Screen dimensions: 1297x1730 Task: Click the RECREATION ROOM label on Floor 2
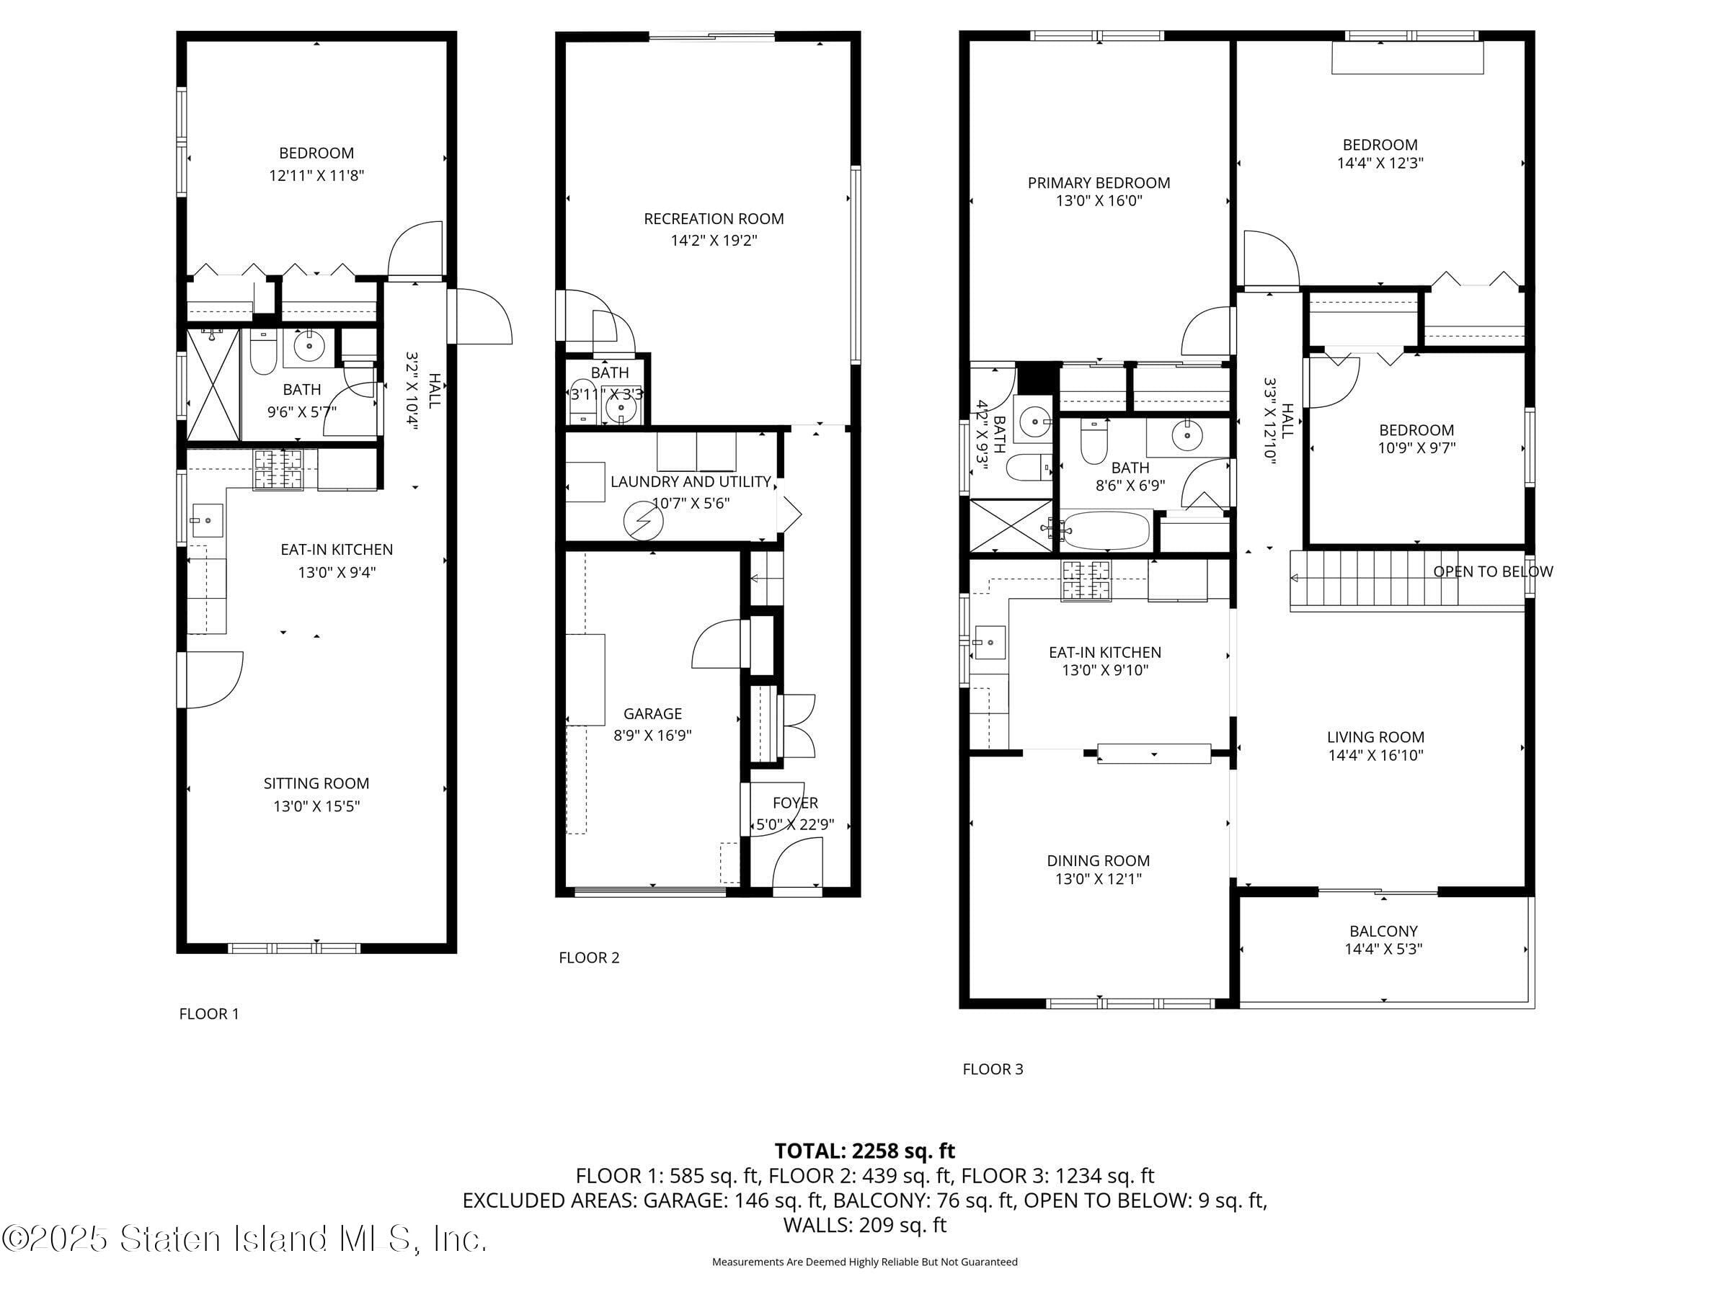714,219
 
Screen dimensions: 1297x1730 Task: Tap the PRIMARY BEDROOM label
1098,183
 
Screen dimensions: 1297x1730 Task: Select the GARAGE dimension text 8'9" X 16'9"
652,736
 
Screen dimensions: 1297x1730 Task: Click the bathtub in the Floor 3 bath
1106,531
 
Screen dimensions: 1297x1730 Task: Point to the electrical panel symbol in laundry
643,522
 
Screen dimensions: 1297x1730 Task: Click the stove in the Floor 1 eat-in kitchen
278,469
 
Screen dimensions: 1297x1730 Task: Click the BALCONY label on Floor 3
1383,931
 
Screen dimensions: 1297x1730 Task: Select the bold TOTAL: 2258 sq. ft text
864,1151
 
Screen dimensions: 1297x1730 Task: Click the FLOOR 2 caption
589,958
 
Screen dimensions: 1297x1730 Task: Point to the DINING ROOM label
1098,861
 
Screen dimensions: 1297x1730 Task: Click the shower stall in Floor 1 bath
213,385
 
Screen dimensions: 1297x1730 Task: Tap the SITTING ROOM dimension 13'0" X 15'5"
316,806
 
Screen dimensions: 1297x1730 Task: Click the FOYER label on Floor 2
794,803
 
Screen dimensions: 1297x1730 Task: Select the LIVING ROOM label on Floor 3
1375,737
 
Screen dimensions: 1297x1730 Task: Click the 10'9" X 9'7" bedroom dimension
1416,448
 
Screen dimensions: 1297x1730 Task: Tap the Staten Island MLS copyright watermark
244,1239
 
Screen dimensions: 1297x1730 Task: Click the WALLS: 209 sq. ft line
864,1225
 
